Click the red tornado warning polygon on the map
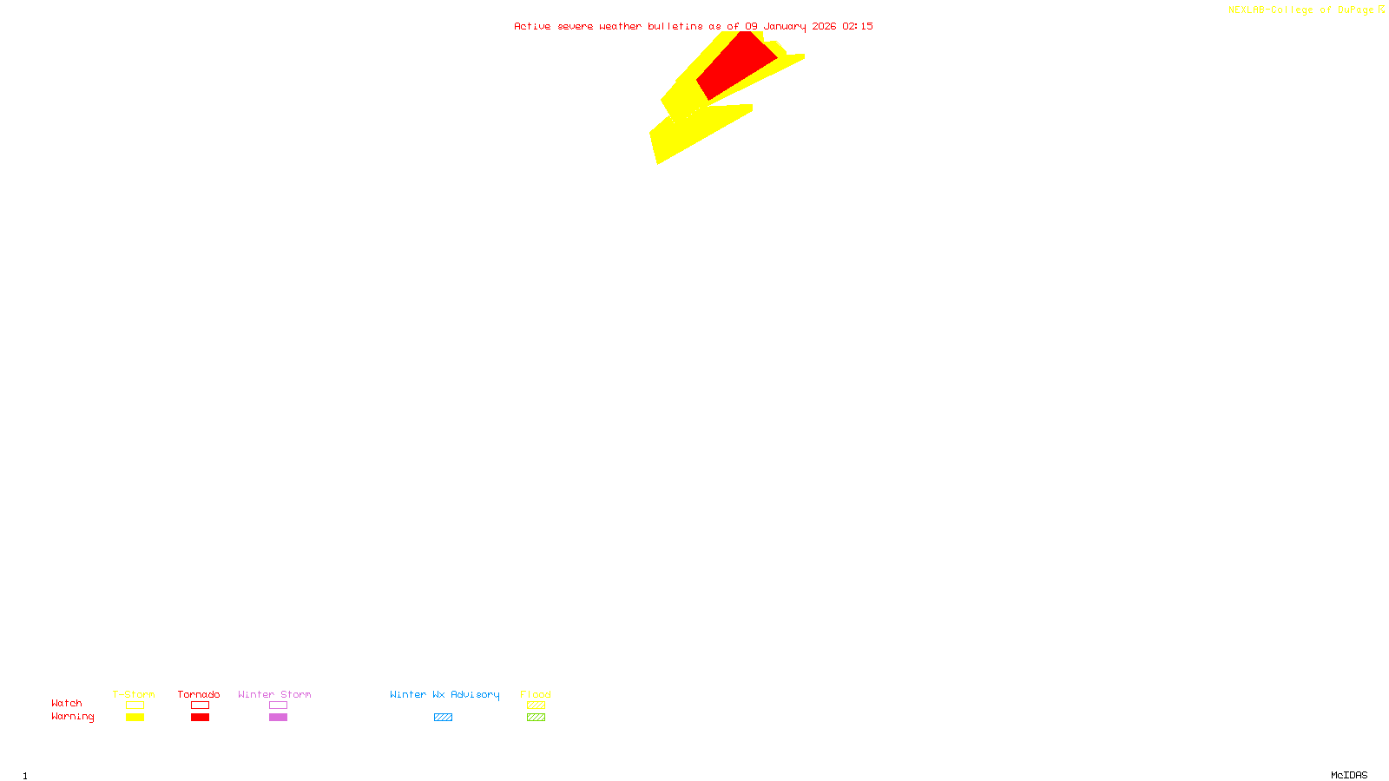736,66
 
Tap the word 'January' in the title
785,26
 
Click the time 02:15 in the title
858,26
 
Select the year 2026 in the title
825,26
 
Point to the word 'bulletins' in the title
675,26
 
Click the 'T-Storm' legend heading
134,694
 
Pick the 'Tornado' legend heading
199,694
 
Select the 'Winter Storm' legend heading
274,694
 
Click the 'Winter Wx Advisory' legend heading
444,694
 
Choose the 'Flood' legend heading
536,694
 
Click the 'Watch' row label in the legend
67,703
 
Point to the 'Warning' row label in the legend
72,717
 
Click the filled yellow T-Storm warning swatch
135,718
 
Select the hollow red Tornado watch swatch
200,706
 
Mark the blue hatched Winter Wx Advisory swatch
443,718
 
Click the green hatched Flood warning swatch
536,718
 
